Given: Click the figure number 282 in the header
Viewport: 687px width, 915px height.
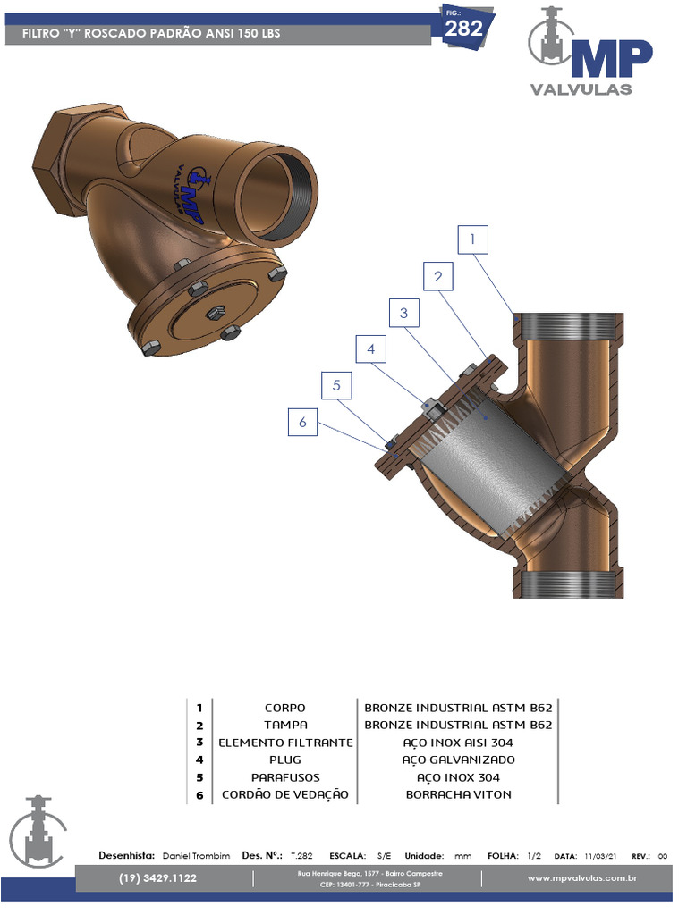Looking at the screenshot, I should click(464, 29).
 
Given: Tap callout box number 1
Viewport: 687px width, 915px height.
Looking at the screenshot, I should click(473, 239).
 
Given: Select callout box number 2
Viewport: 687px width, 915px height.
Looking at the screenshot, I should click(438, 276).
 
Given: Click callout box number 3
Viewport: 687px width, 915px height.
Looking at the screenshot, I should click(404, 313).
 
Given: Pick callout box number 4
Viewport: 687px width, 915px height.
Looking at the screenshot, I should click(370, 349).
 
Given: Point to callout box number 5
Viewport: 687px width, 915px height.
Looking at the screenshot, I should click(336, 386).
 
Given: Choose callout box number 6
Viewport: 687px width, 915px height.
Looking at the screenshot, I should click(302, 422).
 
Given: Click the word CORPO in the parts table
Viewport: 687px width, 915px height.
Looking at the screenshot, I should click(285, 709).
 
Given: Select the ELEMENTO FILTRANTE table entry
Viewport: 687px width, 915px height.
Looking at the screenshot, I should click(285, 743).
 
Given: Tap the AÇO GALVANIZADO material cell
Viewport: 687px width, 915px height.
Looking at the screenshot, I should click(458, 760).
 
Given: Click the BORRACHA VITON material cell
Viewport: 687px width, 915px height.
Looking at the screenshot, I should click(458, 794).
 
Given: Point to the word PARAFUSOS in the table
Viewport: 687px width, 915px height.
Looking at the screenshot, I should click(285, 777).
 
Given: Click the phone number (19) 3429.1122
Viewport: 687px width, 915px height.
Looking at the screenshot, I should click(157, 878).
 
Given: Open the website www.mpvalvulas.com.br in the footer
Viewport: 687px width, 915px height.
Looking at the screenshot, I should click(581, 878).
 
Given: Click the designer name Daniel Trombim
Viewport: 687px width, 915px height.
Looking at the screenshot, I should click(196, 856).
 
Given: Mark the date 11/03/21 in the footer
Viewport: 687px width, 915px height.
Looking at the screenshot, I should click(600, 856).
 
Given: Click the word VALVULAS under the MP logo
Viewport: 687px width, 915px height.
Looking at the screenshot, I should click(581, 89).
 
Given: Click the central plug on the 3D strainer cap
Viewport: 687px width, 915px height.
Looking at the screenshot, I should click(216, 312).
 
